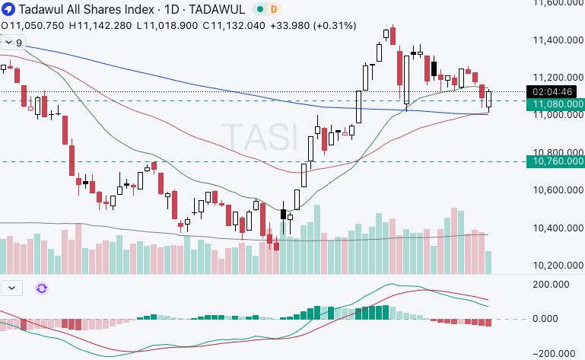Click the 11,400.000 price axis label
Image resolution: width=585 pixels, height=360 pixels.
(554, 40)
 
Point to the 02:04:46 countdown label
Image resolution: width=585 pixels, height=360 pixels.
(555, 92)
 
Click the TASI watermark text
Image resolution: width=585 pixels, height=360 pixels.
(259, 137)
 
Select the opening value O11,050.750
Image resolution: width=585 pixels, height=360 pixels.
(33, 25)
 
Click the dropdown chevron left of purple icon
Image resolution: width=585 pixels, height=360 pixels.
(12, 288)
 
